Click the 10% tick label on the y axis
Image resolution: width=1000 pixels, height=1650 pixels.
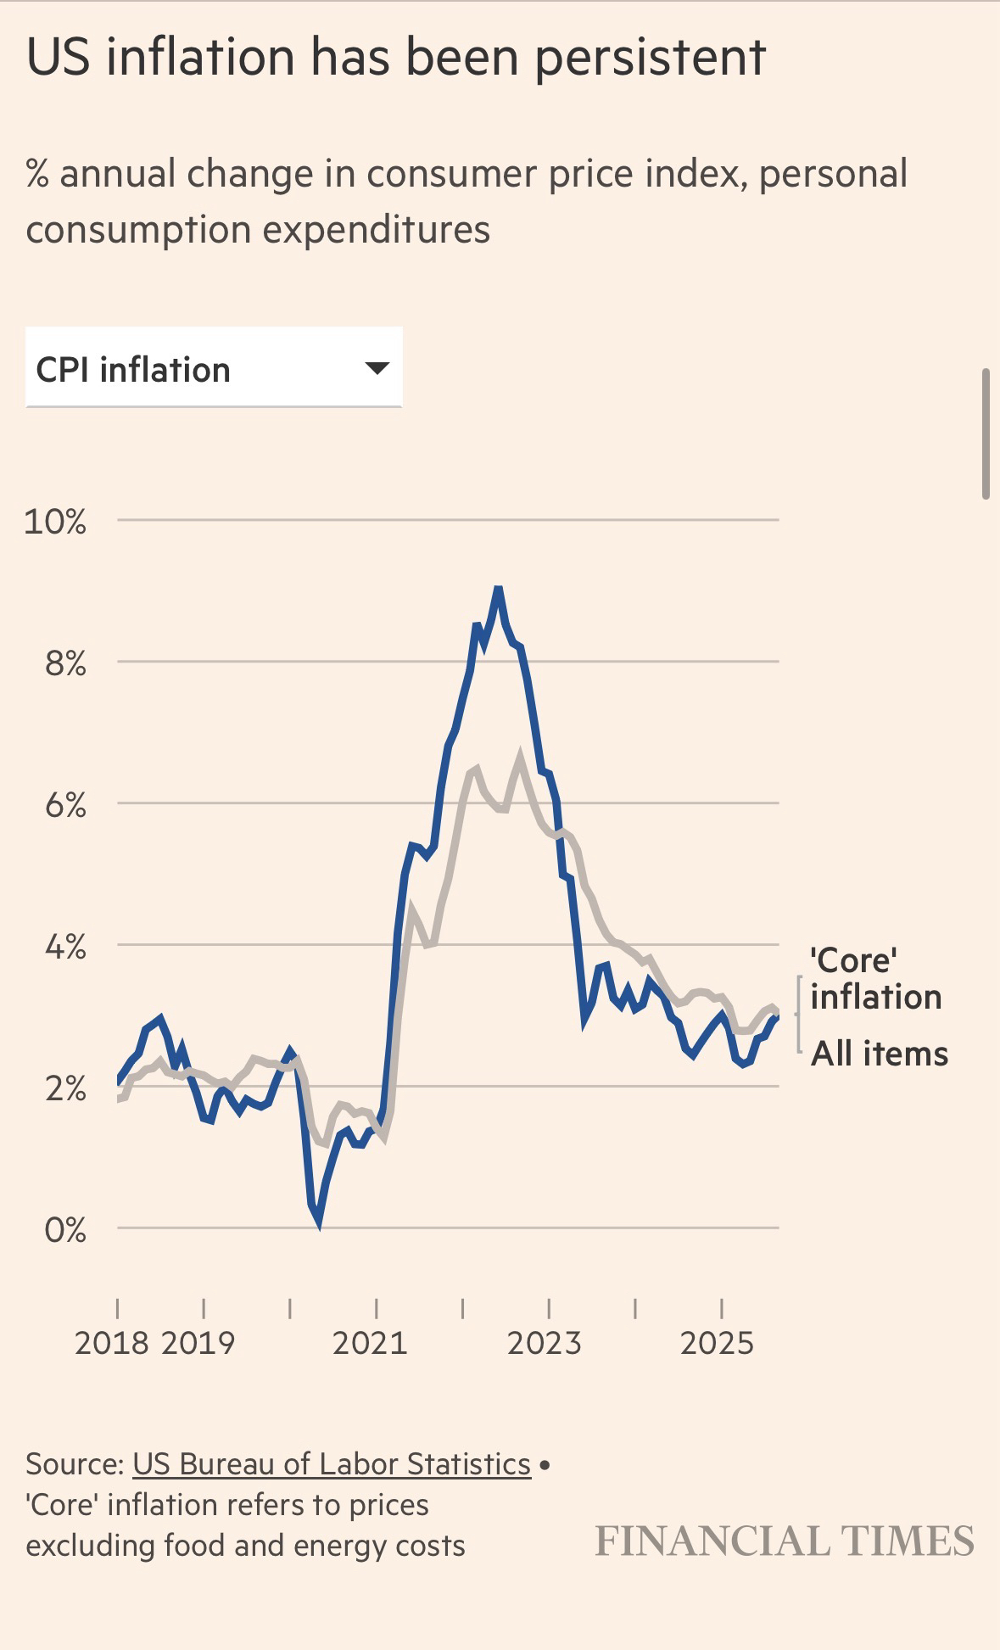pyautogui.click(x=55, y=522)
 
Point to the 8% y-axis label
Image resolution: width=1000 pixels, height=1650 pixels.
pyautogui.click(x=65, y=663)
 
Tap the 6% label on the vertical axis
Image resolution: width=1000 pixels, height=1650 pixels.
pyautogui.click(x=65, y=805)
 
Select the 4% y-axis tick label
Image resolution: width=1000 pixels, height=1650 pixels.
pyautogui.click(x=65, y=947)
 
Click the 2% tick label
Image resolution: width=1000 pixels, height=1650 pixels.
pyautogui.click(x=65, y=1088)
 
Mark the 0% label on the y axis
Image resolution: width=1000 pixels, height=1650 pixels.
pyautogui.click(x=65, y=1229)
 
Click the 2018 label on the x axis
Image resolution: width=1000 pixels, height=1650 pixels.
pyautogui.click(x=112, y=1343)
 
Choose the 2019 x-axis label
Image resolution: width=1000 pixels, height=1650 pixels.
pyautogui.click(x=198, y=1343)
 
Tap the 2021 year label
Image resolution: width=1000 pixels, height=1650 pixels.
pyautogui.click(x=370, y=1343)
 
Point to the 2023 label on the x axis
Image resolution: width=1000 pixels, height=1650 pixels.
pyautogui.click(x=544, y=1343)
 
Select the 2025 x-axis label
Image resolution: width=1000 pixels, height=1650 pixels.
pyautogui.click(x=717, y=1343)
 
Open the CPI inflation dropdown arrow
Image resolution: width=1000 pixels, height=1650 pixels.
pyautogui.click(x=376, y=368)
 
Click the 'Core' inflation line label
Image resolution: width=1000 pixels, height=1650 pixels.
pyautogui.click(x=875, y=978)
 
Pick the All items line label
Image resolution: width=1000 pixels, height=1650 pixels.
pyautogui.click(x=880, y=1054)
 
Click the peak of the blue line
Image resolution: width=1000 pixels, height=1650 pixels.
pyautogui.click(x=499, y=589)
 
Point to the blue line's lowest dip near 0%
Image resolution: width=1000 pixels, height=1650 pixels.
pyautogui.click(x=318, y=1222)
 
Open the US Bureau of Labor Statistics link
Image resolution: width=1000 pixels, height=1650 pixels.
pyautogui.click(x=332, y=1464)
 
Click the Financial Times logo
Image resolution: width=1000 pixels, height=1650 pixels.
pyautogui.click(x=785, y=1541)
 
